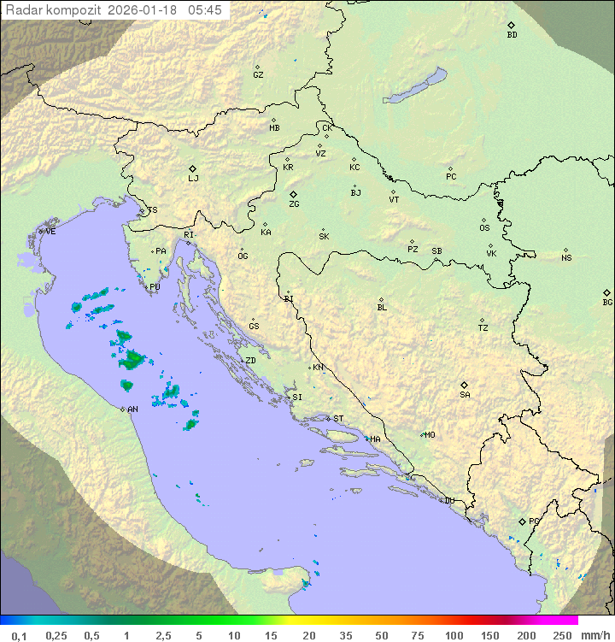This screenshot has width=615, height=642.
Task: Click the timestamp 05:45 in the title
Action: coord(204,10)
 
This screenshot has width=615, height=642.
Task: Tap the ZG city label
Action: coord(294,205)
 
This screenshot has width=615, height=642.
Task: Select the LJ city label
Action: coord(193,179)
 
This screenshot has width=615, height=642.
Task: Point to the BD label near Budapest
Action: coord(512,35)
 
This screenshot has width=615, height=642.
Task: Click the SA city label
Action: coord(465,395)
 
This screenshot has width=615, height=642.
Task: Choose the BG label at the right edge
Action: coord(607,303)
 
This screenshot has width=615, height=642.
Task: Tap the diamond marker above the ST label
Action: coord(329,418)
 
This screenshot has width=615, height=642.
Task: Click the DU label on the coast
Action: coord(448,501)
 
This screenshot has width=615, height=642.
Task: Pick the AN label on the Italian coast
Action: coord(132,409)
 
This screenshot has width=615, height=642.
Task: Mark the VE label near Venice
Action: coord(50,232)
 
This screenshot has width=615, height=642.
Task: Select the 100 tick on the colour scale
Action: coord(454,635)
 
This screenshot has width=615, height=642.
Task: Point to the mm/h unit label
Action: coord(593,635)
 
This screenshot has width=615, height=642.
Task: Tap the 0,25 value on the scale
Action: coord(56,635)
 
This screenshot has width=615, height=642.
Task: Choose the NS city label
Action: coord(566,258)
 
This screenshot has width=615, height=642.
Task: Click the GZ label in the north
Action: coord(258,75)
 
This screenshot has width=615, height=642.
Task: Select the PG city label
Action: coord(534,521)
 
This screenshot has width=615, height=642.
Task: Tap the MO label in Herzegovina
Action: coord(430,435)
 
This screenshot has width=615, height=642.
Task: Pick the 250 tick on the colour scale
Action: coord(562,635)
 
